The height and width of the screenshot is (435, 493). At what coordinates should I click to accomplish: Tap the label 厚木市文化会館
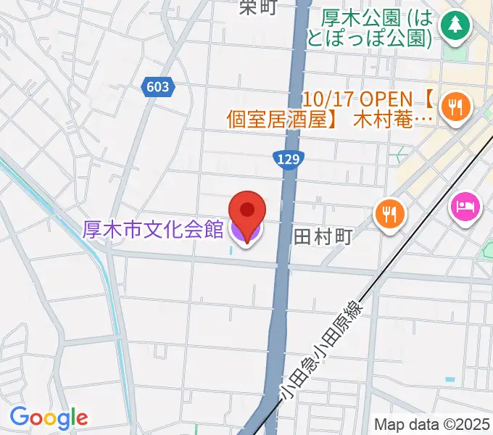pyautogui.click(x=153, y=230)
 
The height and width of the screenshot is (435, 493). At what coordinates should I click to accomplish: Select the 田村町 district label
pyautogui.click(x=323, y=236)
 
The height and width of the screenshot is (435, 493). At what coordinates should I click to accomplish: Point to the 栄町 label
pyautogui.click(x=258, y=7)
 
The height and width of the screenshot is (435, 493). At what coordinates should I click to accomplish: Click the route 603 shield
pyautogui.click(x=157, y=87)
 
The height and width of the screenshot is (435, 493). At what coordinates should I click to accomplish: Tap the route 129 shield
pyautogui.click(x=289, y=159)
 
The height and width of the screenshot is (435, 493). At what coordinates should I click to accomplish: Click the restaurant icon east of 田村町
pyautogui.click(x=390, y=215)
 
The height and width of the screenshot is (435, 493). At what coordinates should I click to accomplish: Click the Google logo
pyautogui.click(x=49, y=418)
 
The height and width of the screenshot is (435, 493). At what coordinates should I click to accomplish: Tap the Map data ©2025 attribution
pyautogui.click(x=432, y=424)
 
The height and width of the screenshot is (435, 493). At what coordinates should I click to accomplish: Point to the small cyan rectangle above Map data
pyautogui.click(x=450, y=379)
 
